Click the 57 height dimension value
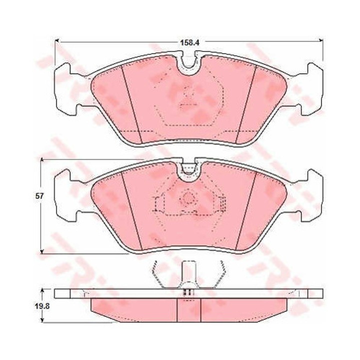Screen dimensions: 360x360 click(x=39, y=196)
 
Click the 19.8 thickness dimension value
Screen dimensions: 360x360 click(x=42, y=306)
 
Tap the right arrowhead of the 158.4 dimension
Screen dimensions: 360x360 click(x=321, y=40)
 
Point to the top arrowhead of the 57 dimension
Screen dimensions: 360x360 click(x=41, y=160)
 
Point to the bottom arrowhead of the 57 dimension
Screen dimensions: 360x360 click(x=41, y=251)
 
